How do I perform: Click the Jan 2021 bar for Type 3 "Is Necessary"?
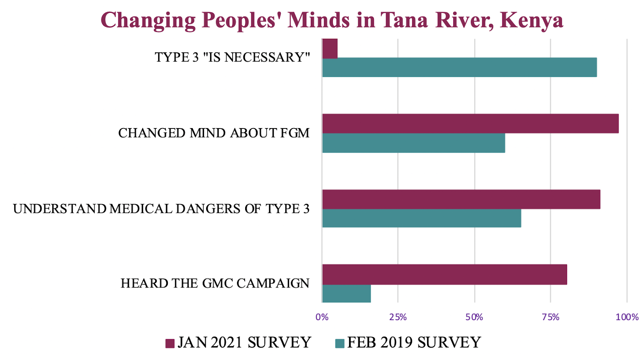pos(330,49)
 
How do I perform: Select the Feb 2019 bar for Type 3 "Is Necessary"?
pos(459,67)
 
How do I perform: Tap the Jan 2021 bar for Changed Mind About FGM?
pos(470,124)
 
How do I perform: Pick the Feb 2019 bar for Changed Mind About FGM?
pos(413,143)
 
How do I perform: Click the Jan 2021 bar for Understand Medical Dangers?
pos(461,199)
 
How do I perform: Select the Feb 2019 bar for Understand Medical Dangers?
pos(421,218)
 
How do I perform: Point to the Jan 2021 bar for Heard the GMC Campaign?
pos(444,275)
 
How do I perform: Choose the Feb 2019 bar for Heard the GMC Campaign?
pos(346,294)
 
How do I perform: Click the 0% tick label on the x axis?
pos(322,317)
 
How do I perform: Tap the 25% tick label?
pos(398,317)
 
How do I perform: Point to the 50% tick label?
pos(474,317)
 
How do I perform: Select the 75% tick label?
pos(550,317)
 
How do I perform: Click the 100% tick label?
pos(627,317)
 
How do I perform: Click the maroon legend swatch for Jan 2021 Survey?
pos(170,343)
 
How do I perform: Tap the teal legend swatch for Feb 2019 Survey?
pos(340,343)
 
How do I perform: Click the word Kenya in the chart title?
pos(531,20)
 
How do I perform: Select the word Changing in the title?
pos(148,20)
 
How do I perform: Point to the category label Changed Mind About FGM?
pos(214,133)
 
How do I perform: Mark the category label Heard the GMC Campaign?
pos(215,283)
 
